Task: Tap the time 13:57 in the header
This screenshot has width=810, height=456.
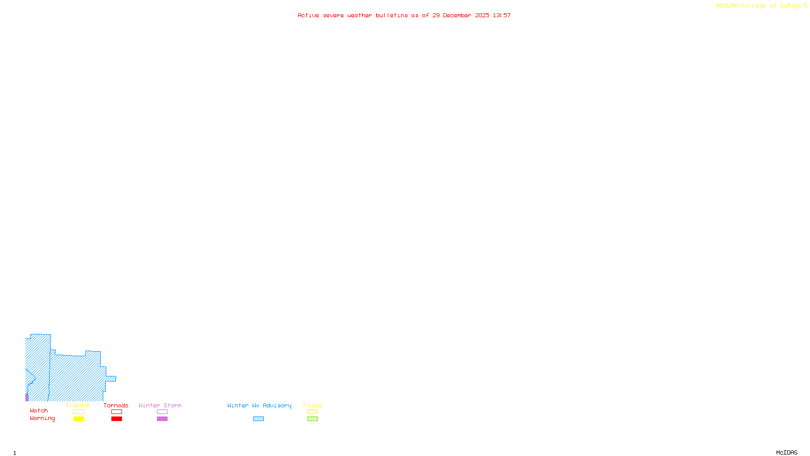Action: pos(502,15)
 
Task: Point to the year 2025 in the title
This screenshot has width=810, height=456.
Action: pos(482,15)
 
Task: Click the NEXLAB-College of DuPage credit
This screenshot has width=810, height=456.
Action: pos(761,6)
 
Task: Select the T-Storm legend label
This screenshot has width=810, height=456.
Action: pos(78,405)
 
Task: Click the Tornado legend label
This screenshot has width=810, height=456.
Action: pos(116,405)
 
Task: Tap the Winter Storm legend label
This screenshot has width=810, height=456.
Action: pos(160,405)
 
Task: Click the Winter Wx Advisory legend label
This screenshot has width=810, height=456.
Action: pos(259,405)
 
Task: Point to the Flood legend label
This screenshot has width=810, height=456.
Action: pos(312,405)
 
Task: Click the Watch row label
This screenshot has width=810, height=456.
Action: pos(39,410)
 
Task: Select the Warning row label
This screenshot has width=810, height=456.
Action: pos(43,419)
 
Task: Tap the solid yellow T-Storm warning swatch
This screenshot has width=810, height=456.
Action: pos(78,419)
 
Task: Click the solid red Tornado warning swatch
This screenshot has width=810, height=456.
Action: pos(116,419)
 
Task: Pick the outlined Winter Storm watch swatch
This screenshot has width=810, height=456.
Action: pos(162,412)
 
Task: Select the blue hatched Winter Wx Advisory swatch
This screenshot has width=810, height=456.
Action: pos(258,419)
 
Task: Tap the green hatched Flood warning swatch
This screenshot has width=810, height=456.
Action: pos(312,419)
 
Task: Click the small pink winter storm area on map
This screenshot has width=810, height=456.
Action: pos(27,397)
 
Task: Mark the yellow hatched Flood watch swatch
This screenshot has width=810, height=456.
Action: pos(312,412)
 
